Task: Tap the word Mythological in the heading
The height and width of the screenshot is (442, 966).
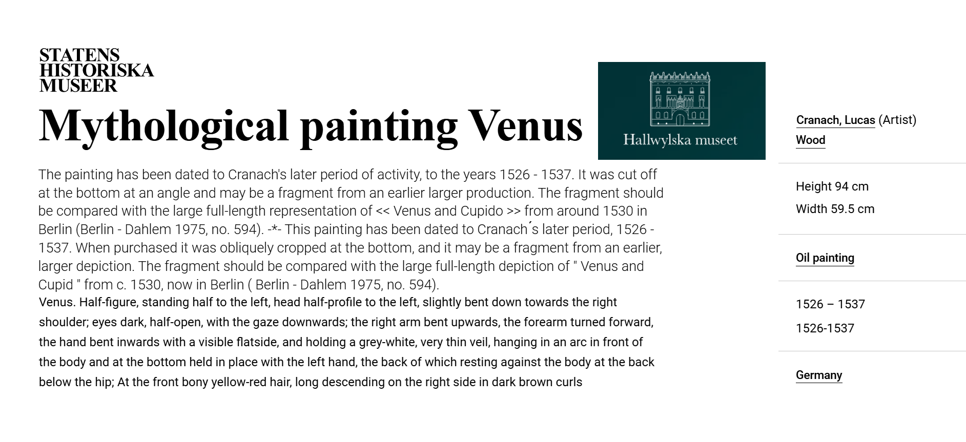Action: tap(163, 127)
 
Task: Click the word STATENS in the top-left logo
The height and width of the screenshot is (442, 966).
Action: tap(79, 55)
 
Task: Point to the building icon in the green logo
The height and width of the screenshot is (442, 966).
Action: tap(680, 99)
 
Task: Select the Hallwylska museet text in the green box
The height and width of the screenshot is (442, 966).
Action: tap(680, 140)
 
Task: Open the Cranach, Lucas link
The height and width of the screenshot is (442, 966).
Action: tap(835, 120)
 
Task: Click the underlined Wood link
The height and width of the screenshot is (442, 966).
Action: tap(810, 140)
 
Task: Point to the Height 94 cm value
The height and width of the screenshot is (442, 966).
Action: tap(832, 186)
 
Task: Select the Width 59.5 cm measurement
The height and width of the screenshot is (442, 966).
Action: tap(835, 209)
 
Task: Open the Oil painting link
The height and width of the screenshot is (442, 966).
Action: tap(825, 258)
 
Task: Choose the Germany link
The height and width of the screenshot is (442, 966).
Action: tap(818, 375)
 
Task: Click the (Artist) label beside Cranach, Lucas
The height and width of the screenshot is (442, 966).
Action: tap(897, 120)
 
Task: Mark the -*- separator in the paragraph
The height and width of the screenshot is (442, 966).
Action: tap(275, 229)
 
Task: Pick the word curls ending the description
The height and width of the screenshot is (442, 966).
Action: tap(568, 382)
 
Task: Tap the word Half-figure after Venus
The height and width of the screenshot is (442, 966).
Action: tap(108, 302)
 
